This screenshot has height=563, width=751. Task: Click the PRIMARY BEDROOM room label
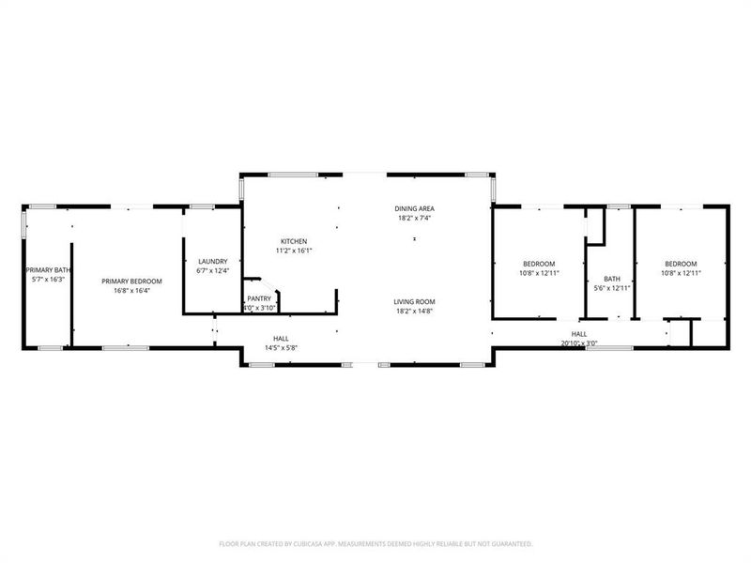pos(132,281)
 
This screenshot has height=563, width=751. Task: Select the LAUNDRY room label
pos(212,261)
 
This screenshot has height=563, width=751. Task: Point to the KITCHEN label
pos(294,241)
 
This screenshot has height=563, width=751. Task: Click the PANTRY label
pos(259,298)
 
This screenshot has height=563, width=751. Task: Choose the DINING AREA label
pos(414,207)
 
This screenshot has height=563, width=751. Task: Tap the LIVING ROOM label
pos(414,301)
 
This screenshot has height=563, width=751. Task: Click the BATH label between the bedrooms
pos(612,279)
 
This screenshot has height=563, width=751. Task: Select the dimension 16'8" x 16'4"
pos(132,291)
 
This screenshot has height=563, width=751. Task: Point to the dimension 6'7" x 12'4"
pos(212,271)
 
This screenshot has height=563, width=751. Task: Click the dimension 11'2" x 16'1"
pos(294,251)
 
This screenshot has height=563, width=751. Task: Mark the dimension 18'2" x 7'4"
pos(414,218)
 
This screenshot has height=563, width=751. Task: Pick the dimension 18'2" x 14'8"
pos(414,311)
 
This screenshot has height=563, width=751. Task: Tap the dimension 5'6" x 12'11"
pos(612,289)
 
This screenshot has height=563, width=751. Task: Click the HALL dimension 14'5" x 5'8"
pos(281,347)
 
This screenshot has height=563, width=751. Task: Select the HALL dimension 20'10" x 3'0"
pos(579,343)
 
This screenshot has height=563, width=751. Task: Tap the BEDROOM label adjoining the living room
pos(539,264)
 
